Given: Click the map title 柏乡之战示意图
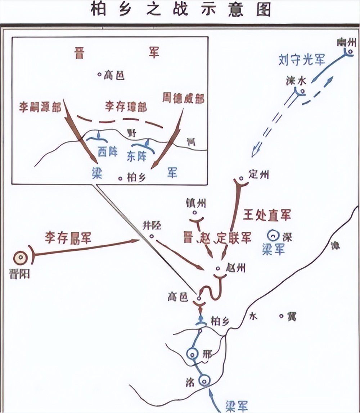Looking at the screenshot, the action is click(180, 9).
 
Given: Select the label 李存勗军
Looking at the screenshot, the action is click(68, 237).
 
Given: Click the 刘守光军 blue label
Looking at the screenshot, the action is click(302, 60).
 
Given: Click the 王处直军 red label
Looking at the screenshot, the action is click(267, 215).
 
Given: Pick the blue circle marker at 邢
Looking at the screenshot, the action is click(192, 355).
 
